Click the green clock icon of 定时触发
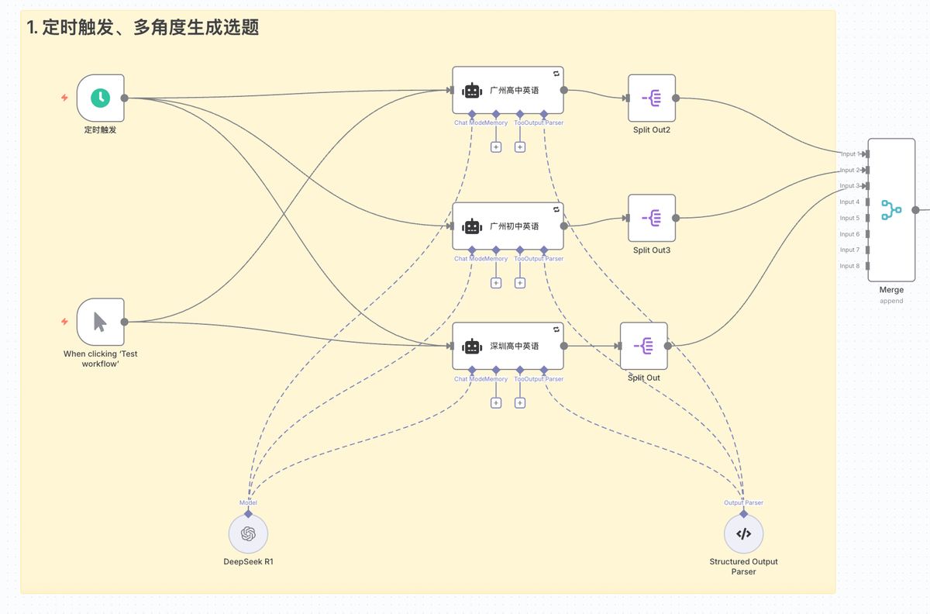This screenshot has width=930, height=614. (100, 98)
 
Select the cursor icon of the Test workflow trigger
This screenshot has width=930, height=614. (100, 321)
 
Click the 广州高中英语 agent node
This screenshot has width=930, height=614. (508, 90)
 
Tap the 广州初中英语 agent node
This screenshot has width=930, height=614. (508, 226)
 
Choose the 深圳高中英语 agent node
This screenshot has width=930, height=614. (508, 346)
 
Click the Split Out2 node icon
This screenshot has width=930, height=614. (652, 98)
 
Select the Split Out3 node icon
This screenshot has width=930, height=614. (652, 218)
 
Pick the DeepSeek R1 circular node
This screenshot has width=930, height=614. (248, 533)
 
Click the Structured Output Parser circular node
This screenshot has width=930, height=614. (743, 533)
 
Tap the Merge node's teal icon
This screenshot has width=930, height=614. (891, 209)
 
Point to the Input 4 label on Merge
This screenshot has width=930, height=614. (849, 202)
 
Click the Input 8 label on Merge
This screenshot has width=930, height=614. (849, 266)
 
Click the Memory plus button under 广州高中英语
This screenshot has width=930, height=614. (496, 147)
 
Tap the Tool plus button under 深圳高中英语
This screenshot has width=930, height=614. (520, 402)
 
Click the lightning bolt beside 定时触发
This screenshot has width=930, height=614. (65, 98)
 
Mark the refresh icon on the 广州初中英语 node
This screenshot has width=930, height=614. (556, 209)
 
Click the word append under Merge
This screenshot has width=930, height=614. (891, 301)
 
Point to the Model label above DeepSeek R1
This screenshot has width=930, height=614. (248, 502)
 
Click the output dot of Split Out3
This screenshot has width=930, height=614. (676, 218)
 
